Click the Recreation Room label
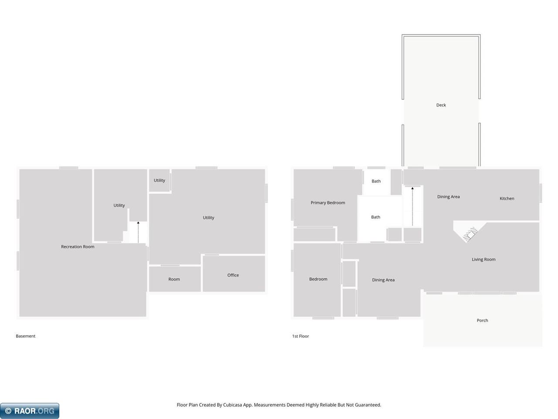click(x=78, y=247)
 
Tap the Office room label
click(x=233, y=275)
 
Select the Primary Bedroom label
click(x=328, y=203)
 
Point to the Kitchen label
click(x=507, y=199)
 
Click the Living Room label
click(x=483, y=260)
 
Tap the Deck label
click(x=441, y=105)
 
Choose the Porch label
click(x=482, y=320)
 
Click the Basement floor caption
click(x=25, y=336)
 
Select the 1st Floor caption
click(x=300, y=336)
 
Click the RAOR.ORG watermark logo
click(x=30, y=411)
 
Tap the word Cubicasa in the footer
click(x=232, y=405)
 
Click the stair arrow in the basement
click(x=138, y=232)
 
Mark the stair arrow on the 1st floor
click(x=412, y=206)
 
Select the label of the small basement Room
click(x=174, y=279)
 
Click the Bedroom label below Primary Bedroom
click(x=318, y=279)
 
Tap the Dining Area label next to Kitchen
click(x=448, y=197)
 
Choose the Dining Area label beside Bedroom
click(x=383, y=280)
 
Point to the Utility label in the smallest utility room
click(x=159, y=180)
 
